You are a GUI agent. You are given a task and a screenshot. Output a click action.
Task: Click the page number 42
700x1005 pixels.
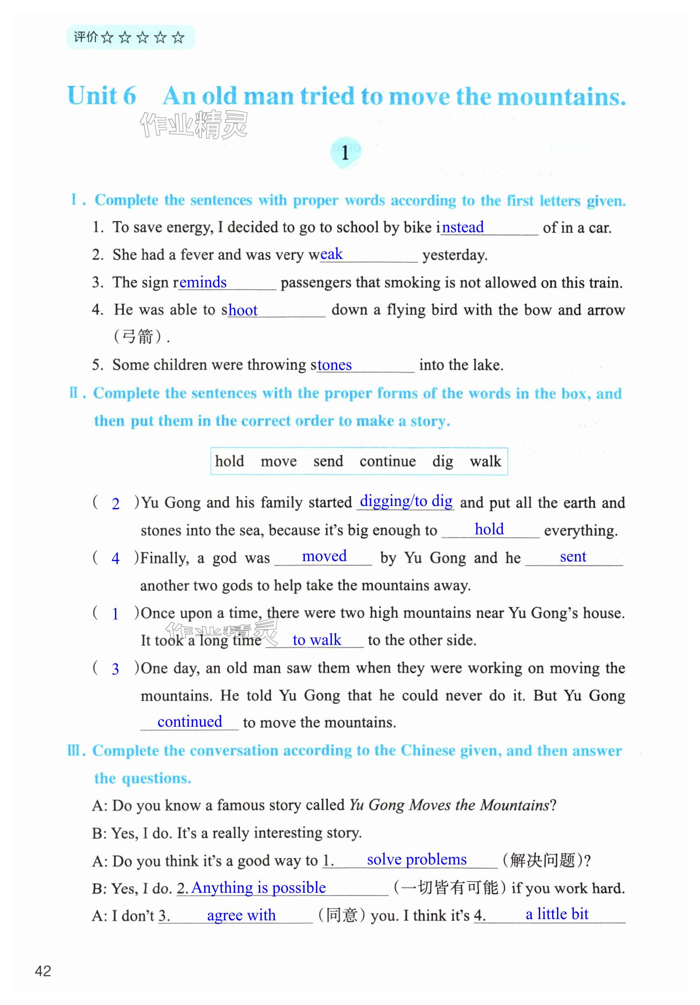tap(43, 971)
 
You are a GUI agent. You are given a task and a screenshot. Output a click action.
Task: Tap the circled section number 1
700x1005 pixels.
tap(345, 153)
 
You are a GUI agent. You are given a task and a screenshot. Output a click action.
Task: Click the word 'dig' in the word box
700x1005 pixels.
tap(442, 461)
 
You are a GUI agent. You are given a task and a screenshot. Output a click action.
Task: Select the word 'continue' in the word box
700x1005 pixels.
tap(387, 461)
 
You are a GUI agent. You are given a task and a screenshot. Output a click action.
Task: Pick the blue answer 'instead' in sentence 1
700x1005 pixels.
tap(463, 227)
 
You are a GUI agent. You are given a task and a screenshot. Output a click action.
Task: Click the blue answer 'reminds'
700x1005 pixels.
tap(203, 282)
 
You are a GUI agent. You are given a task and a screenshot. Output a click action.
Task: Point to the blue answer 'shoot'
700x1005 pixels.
tap(242, 310)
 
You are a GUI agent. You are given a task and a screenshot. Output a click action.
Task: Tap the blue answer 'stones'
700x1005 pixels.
tap(334, 365)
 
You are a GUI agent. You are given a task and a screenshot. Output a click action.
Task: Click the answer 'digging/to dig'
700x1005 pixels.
tap(405, 501)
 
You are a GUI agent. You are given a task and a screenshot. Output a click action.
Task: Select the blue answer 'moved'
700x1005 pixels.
tap(324, 556)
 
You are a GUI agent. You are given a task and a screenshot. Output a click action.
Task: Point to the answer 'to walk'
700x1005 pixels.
tap(316, 640)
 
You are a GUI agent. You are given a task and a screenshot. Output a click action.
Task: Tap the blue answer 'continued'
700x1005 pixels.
tap(189, 721)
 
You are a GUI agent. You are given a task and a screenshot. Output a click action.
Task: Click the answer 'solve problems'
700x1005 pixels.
tap(417, 859)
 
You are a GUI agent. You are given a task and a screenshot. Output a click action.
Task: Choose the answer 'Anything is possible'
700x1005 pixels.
tap(258, 887)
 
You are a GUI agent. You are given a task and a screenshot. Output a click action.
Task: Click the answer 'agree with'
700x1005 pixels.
tap(241, 915)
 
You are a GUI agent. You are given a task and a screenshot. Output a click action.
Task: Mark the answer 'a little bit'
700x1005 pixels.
tap(557, 914)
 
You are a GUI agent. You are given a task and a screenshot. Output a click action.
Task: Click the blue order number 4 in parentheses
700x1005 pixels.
tap(115, 558)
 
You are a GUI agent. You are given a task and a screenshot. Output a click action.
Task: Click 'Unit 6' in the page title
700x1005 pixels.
tap(101, 95)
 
